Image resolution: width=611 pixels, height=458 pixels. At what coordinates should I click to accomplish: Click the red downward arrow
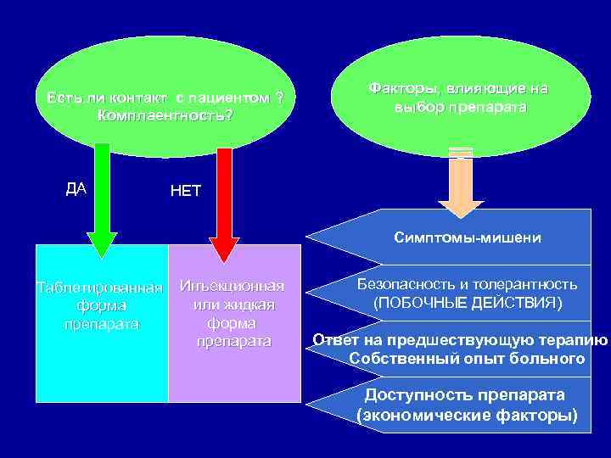click(224, 204)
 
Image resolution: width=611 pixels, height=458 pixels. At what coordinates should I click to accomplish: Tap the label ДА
click(76, 188)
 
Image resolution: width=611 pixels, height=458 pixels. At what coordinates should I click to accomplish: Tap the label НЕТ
click(186, 191)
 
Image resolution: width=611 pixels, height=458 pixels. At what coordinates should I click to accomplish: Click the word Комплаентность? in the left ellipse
click(165, 114)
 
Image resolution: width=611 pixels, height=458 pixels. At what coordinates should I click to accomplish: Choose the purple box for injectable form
click(234, 373)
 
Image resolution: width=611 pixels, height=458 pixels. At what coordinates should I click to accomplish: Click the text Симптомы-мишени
click(468, 238)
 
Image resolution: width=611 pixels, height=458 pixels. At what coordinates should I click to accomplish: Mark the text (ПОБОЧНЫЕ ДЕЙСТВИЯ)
click(468, 303)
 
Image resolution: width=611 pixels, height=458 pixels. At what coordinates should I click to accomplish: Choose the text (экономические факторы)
click(468, 415)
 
